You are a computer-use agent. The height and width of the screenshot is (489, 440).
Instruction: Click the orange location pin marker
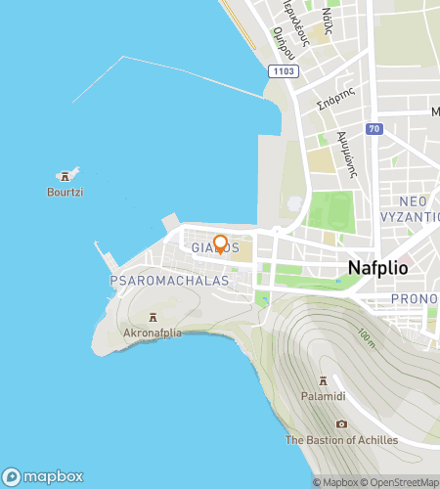tap(221, 244)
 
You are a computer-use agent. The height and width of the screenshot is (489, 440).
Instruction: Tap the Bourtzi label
tap(66, 193)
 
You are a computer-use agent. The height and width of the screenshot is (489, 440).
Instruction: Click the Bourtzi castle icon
tap(66, 176)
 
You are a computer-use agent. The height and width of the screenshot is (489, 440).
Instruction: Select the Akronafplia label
tap(154, 333)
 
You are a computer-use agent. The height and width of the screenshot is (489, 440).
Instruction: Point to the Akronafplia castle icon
tap(154, 317)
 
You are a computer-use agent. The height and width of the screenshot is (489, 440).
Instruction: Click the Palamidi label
tap(323, 397)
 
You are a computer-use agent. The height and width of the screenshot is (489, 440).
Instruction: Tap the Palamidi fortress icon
tap(323, 381)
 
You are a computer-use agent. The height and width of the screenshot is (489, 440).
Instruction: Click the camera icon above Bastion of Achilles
tap(341, 423)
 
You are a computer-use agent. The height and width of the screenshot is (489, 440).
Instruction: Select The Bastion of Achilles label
tap(341, 440)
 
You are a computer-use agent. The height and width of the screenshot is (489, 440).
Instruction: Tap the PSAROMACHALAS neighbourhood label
tap(169, 281)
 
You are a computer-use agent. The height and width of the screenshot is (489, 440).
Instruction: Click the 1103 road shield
tap(284, 70)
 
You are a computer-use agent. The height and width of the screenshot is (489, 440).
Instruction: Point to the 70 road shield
tap(374, 128)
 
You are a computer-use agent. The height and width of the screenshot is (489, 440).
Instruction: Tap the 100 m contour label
tap(365, 339)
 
